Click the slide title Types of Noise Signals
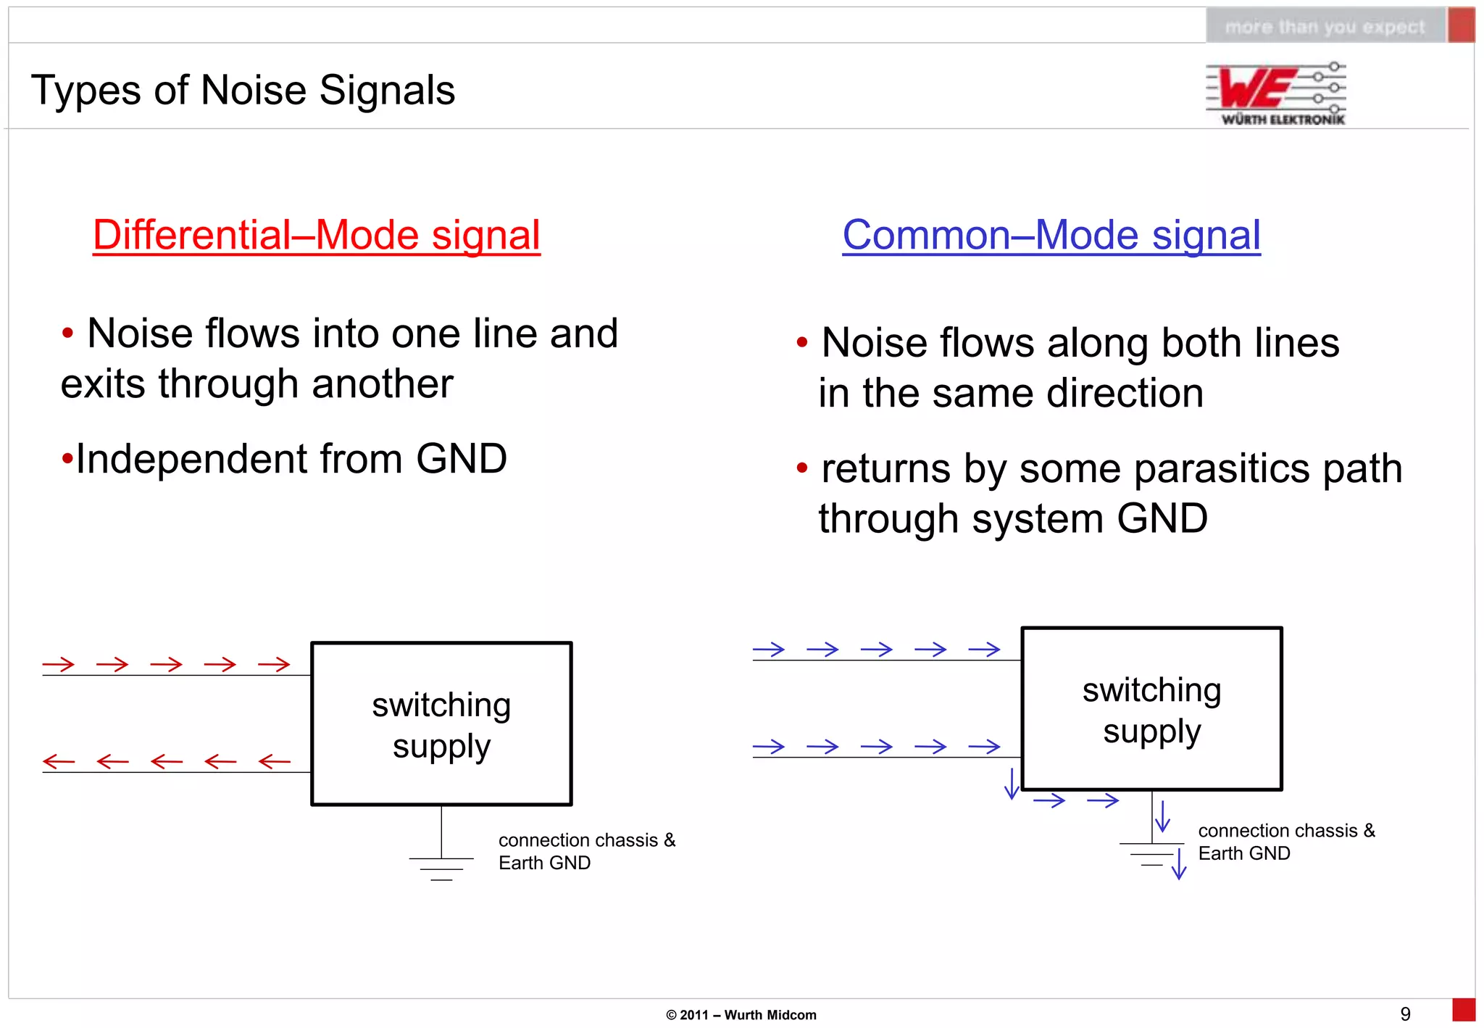point(243,91)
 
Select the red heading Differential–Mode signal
point(317,235)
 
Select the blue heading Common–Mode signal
point(1051,235)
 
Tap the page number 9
point(1405,1014)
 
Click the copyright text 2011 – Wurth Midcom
point(741,1015)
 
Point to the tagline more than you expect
point(1325,27)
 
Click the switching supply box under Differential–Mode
point(441,724)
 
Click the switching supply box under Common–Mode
point(1151,709)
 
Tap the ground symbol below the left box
point(441,868)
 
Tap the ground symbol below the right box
point(1151,853)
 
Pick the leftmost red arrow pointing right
point(59,664)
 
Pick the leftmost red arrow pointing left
point(59,761)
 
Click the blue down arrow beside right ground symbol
point(1179,863)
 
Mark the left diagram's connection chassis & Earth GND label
point(586,851)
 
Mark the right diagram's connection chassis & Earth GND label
point(1285,842)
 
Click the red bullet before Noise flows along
point(801,343)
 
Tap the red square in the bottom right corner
point(1464,1011)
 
